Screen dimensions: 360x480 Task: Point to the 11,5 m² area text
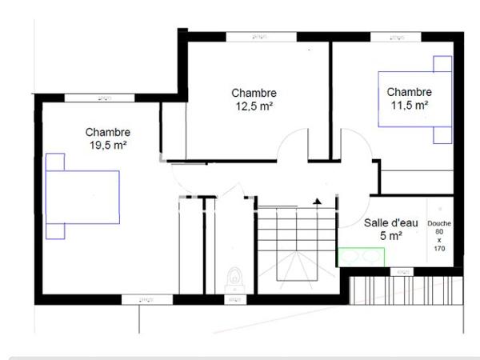click(409, 105)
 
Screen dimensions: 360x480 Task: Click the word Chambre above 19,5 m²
click(108, 133)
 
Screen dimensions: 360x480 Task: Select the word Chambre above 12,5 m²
click(255, 93)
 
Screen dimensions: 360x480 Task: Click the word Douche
click(439, 223)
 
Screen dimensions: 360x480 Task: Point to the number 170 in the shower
click(439, 249)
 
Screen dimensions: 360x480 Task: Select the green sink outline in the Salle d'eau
click(361, 257)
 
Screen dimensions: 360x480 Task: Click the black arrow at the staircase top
click(318, 200)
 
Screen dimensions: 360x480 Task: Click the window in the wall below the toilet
click(234, 299)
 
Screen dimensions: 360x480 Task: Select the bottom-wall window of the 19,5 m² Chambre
click(146, 299)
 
